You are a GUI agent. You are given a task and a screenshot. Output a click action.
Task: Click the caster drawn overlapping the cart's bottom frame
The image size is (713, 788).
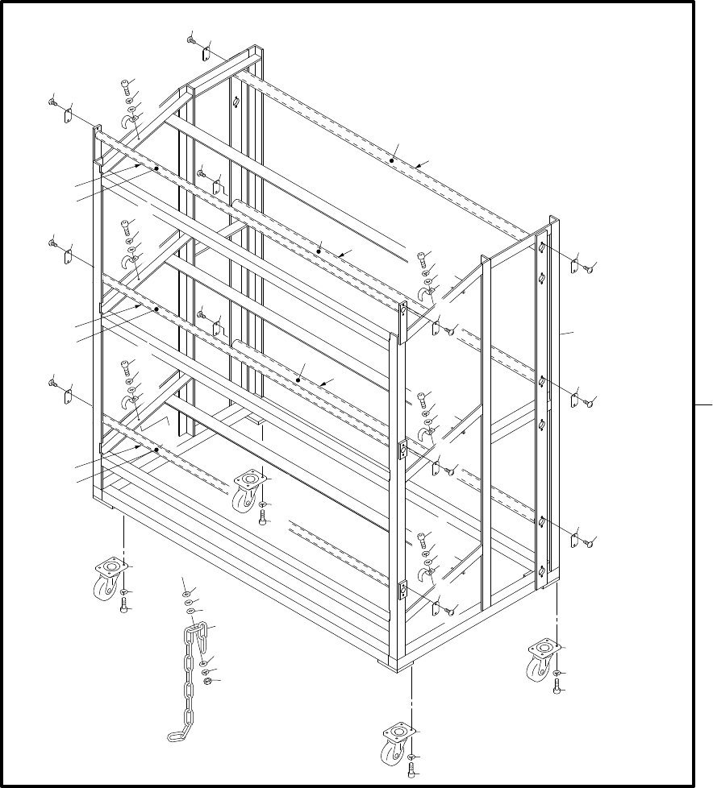coord(247,491)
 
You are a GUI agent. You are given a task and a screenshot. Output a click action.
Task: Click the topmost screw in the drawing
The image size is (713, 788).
coord(191,39)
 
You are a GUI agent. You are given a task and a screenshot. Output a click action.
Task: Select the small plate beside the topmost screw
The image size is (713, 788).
coord(205,53)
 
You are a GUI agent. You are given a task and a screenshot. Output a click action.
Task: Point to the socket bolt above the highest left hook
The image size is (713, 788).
coord(126,86)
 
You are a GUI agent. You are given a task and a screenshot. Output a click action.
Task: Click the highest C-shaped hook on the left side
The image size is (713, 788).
coord(127,122)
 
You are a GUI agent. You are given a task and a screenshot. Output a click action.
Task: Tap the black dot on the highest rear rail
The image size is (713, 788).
coord(392,160)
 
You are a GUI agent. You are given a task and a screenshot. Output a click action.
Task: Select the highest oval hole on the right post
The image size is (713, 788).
coord(544,247)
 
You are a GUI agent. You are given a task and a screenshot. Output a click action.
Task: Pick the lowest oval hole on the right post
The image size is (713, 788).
coord(543,570)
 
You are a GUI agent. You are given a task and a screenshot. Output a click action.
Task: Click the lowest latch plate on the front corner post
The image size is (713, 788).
coord(401,593)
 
